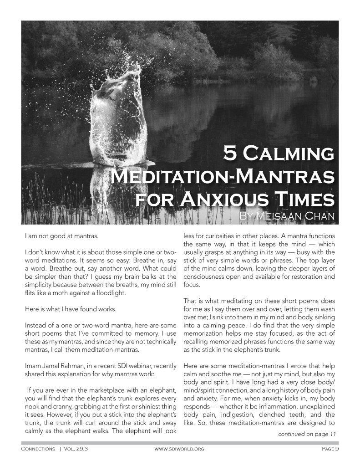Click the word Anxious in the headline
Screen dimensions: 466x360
(233, 199)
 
